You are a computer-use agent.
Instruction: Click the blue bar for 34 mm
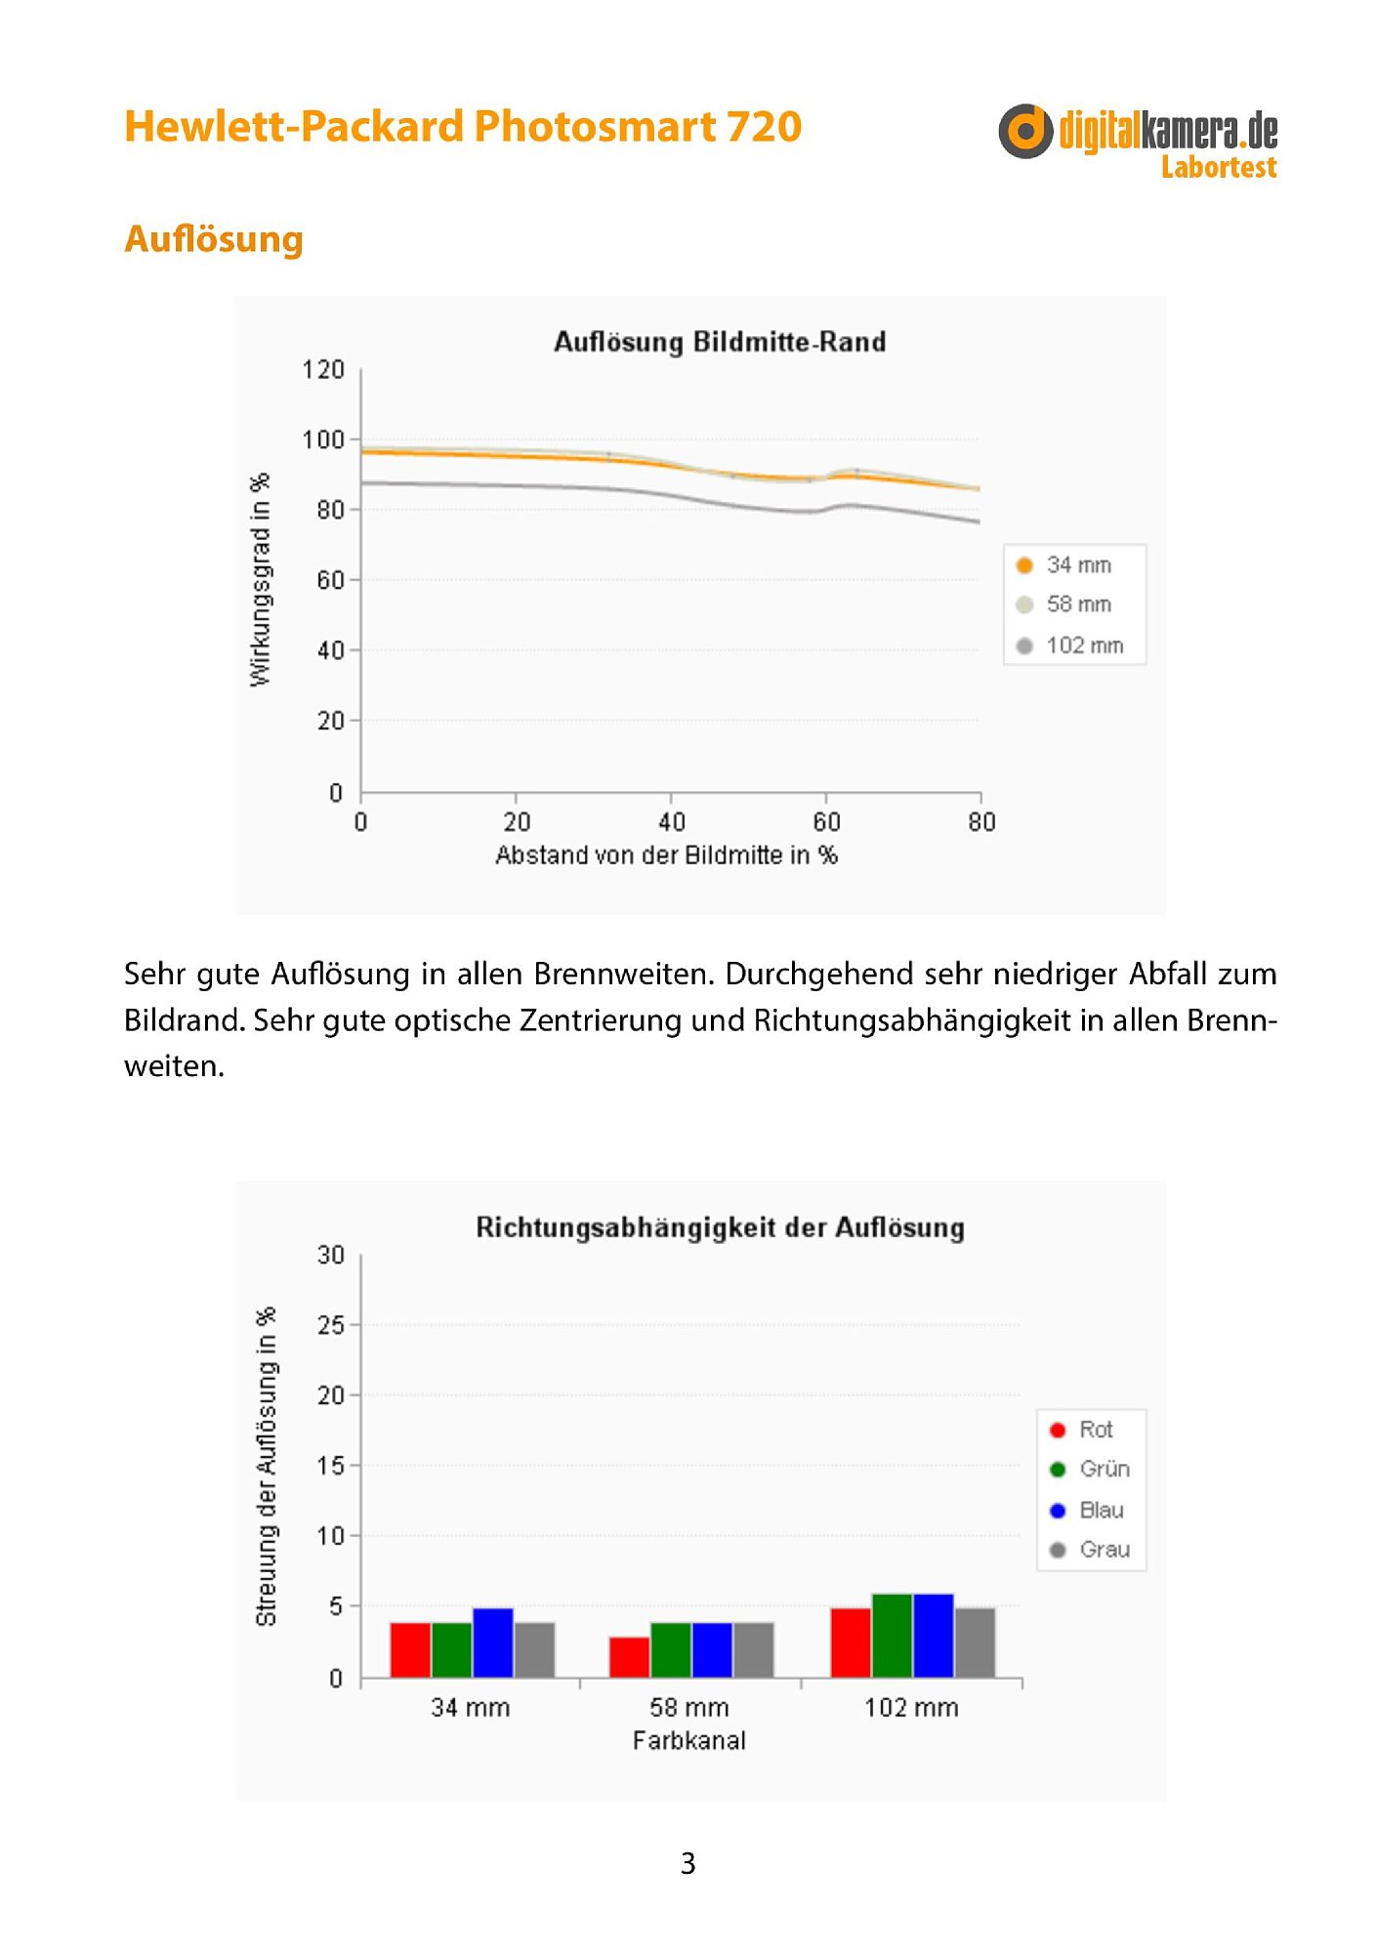(493, 1642)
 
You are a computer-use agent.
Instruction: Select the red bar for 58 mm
(630, 1657)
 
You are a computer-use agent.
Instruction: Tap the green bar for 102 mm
(892, 1636)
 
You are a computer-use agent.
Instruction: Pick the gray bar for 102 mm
(975, 1642)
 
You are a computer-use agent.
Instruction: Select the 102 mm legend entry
(1069, 645)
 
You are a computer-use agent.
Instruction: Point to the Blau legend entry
(1086, 1510)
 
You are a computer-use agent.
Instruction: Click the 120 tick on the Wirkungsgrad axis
(323, 369)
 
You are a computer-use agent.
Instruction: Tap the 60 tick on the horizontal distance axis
(826, 822)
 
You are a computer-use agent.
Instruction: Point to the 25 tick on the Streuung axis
(331, 1325)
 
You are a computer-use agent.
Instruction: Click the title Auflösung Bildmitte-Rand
(720, 342)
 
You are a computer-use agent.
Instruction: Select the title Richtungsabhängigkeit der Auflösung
(720, 1227)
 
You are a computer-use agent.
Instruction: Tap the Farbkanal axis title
(688, 1740)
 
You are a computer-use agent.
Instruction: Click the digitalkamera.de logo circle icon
(1025, 131)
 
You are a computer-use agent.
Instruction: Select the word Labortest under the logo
(1219, 167)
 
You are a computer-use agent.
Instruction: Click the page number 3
(688, 1863)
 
